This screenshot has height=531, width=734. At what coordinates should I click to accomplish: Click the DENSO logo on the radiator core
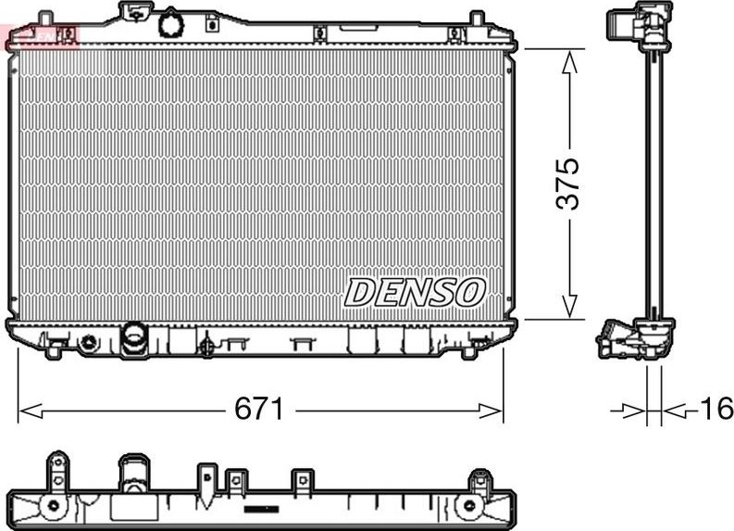click(415, 292)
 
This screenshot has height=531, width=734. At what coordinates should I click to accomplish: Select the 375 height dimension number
click(569, 183)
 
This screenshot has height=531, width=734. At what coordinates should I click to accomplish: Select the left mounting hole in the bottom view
click(54, 506)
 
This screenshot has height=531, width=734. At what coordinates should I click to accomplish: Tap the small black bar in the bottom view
click(261, 509)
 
